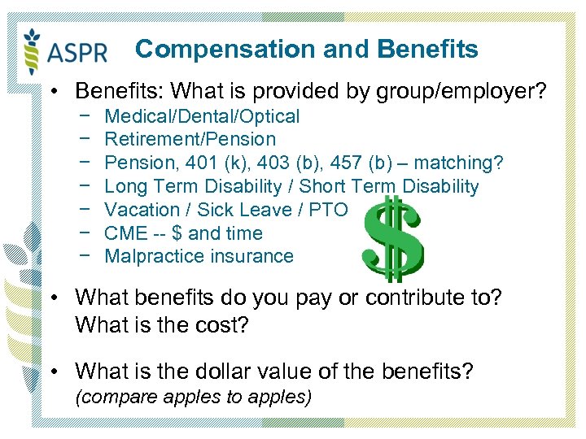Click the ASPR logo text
point(78,52)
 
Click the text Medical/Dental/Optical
point(202,116)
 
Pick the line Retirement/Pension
point(190,139)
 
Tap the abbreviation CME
point(126,233)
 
